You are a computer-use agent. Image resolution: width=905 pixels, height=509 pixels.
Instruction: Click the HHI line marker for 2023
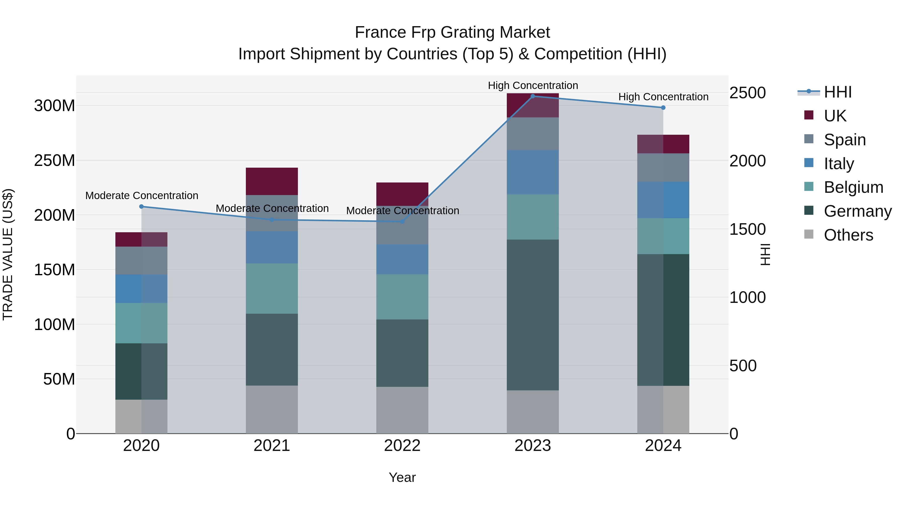click(x=533, y=96)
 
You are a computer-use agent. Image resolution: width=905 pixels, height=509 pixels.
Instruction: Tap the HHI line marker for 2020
click(x=141, y=207)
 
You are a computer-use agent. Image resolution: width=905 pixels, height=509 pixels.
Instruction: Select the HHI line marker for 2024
click(x=663, y=108)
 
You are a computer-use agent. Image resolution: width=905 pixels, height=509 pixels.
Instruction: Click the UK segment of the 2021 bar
click(x=271, y=181)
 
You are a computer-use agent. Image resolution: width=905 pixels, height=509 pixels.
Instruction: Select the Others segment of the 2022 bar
click(x=402, y=410)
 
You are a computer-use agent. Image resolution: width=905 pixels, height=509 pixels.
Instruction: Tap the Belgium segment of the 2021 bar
click(x=271, y=288)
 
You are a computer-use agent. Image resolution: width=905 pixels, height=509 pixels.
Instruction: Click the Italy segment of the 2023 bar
click(x=533, y=172)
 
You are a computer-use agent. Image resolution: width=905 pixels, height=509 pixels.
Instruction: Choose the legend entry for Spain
click(x=844, y=140)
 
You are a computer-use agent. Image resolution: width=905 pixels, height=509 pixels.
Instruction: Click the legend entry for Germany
click(x=857, y=211)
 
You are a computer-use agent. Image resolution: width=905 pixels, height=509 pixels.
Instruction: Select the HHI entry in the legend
click(x=837, y=92)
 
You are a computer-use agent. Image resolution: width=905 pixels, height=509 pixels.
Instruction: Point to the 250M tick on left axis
click(x=55, y=161)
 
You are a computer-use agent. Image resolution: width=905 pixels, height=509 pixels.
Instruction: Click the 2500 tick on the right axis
click(x=747, y=93)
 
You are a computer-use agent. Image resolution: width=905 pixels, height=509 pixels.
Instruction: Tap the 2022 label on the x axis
click(x=402, y=446)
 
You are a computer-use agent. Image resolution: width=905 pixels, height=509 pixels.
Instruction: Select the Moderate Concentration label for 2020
click(x=142, y=195)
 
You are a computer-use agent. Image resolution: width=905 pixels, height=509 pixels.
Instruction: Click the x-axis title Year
click(x=402, y=477)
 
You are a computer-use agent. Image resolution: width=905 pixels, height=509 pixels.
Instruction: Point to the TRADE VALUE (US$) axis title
click(x=8, y=254)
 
